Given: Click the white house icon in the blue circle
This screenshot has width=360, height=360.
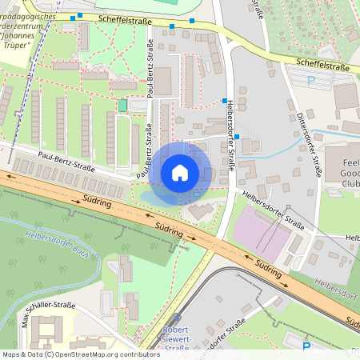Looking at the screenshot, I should [180, 173].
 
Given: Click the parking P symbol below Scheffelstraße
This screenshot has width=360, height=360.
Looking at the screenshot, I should [311, 81].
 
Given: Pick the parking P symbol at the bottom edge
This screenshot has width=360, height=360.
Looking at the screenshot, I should [306, 346].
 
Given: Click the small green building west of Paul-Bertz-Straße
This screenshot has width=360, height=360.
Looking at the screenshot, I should [122, 106].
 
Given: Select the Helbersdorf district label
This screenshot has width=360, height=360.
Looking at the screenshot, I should [337, 284].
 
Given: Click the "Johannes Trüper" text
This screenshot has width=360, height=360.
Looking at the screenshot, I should [18, 38].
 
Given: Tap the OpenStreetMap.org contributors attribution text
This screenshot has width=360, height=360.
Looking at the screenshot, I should [93, 354].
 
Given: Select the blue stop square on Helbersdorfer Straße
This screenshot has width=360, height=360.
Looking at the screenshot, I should [224, 101].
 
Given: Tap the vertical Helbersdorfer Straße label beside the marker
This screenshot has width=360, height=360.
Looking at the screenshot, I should [229, 141].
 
